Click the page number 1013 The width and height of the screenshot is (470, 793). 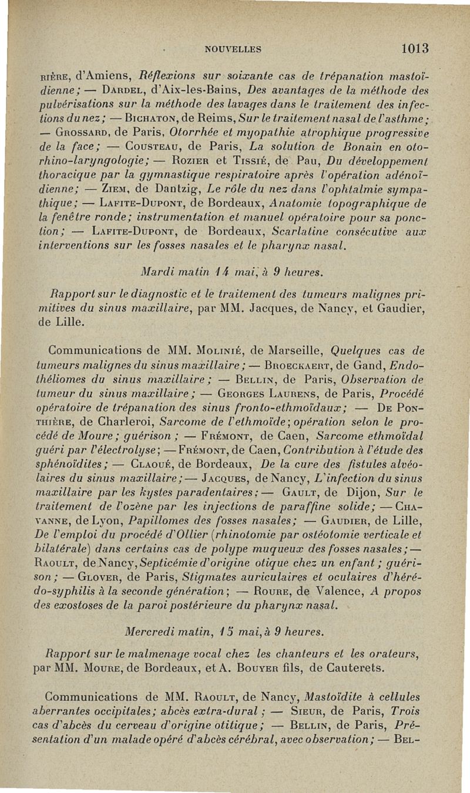pos(412,48)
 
